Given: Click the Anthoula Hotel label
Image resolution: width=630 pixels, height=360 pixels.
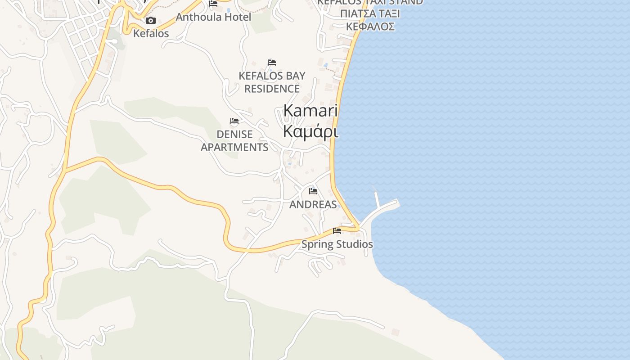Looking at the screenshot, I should click(x=213, y=17).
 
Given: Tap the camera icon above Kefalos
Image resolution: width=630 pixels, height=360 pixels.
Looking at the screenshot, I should click(x=151, y=21).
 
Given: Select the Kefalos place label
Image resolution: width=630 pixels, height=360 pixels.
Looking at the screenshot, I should click(x=151, y=33).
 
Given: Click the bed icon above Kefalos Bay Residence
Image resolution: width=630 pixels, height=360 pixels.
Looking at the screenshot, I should click(x=272, y=63).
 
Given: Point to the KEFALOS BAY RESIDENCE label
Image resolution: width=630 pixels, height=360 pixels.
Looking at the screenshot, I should click(x=272, y=82).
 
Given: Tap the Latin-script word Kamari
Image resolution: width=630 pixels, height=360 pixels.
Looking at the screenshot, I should click(x=310, y=111).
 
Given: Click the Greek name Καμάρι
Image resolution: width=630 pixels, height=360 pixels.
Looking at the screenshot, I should click(x=310, y=131).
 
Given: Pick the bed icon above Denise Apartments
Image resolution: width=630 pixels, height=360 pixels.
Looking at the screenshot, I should click(x=234, y=121).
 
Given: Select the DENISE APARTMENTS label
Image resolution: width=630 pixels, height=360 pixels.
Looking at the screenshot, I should click(x=234, y=141).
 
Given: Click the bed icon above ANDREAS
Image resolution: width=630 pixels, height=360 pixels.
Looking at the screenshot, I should click(x=313, y=191).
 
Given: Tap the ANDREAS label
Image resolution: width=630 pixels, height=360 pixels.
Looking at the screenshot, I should click(x=313, y=204).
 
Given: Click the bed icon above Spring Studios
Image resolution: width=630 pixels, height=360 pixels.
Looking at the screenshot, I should click(x=337, y=231).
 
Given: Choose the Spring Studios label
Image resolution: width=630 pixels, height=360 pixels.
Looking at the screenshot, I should click(x=337, y=244).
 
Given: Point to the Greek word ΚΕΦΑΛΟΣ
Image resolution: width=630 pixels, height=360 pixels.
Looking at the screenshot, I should click(x=370, y=27).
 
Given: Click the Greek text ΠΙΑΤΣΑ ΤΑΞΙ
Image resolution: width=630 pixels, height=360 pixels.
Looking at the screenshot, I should click(x=370, y=14).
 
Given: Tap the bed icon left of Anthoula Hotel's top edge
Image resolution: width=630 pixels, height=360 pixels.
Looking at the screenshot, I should click(x=213, y=4).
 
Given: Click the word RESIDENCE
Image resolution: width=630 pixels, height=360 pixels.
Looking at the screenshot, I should click(x=272, y=89).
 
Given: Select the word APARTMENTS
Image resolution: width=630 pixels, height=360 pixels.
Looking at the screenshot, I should click(x=234, y=147).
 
